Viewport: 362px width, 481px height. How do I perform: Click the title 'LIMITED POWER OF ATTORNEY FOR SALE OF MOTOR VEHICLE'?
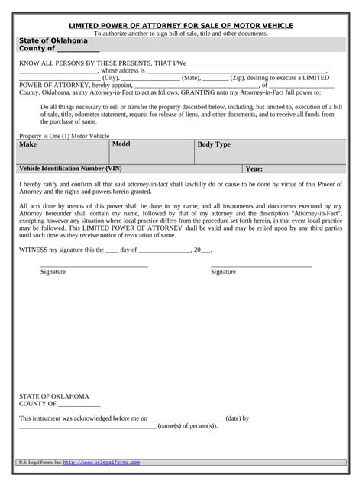(181, 25)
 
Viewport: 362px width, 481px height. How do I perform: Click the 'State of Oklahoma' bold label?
(53, 40)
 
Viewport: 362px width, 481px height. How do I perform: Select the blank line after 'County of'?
(79, 50)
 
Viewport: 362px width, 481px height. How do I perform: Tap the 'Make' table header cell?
(28, 144)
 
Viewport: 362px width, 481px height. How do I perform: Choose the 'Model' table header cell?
(122, 144)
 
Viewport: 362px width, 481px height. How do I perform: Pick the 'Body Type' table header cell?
(214, 144)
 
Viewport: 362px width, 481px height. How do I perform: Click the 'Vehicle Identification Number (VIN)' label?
(69, 169)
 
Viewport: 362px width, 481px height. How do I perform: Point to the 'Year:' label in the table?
(254, 169)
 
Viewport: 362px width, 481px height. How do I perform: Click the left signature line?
(94, 265)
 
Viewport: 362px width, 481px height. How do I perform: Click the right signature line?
(261, 265)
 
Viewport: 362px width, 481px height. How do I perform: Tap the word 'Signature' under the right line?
(223, 272)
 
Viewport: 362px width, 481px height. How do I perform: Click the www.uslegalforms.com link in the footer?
(101, 463)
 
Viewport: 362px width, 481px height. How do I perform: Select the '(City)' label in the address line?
(111, 77)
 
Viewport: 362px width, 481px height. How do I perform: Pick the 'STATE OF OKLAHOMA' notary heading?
(53, 396)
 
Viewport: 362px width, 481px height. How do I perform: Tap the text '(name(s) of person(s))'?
(188, 426)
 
